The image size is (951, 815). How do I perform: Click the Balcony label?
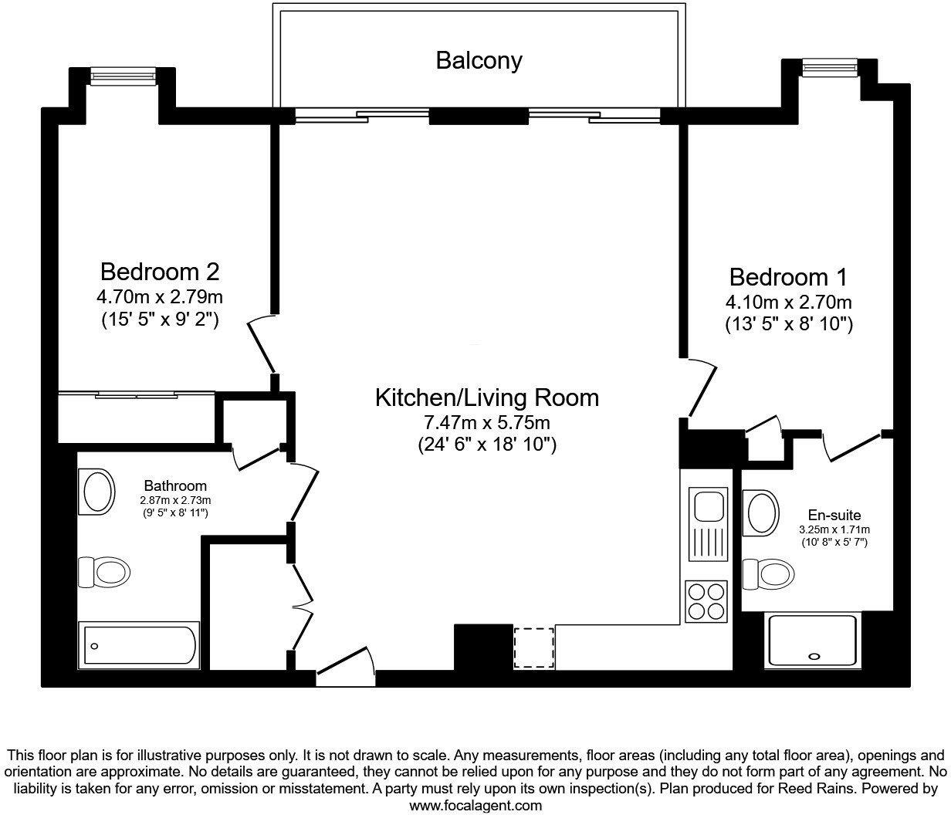point(479,60)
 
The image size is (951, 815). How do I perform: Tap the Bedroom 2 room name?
point(160,272)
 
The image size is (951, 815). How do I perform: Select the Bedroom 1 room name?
point(788,276)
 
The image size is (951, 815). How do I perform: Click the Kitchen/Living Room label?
point(486,397)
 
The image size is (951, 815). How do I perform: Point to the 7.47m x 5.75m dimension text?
point(486,422)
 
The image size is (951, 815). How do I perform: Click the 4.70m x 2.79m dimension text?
point(160,296)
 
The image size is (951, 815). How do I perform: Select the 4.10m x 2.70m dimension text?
point(788,301)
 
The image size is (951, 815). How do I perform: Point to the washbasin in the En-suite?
point(763,510)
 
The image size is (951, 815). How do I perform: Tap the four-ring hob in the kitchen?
point(706,600)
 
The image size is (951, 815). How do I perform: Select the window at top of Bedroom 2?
point(124,76)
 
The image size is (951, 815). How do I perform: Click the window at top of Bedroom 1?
point(830,69)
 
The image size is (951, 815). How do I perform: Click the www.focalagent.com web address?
point(475,805)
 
